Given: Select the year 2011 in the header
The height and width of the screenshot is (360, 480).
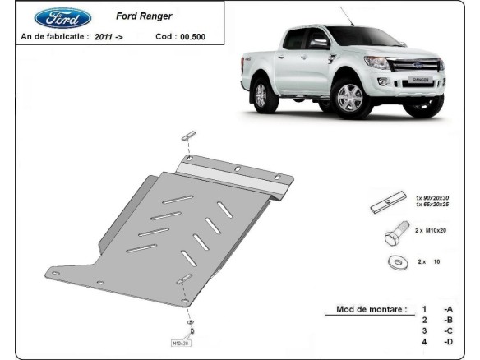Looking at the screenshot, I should click(x=104, y=37).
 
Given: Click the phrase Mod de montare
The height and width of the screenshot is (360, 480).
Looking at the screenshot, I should click(x=372, y=310).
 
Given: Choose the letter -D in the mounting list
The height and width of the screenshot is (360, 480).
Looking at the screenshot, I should click(x=447, y=341).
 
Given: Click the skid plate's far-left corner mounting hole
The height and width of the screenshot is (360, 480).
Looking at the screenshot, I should click(x=99, y=284).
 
